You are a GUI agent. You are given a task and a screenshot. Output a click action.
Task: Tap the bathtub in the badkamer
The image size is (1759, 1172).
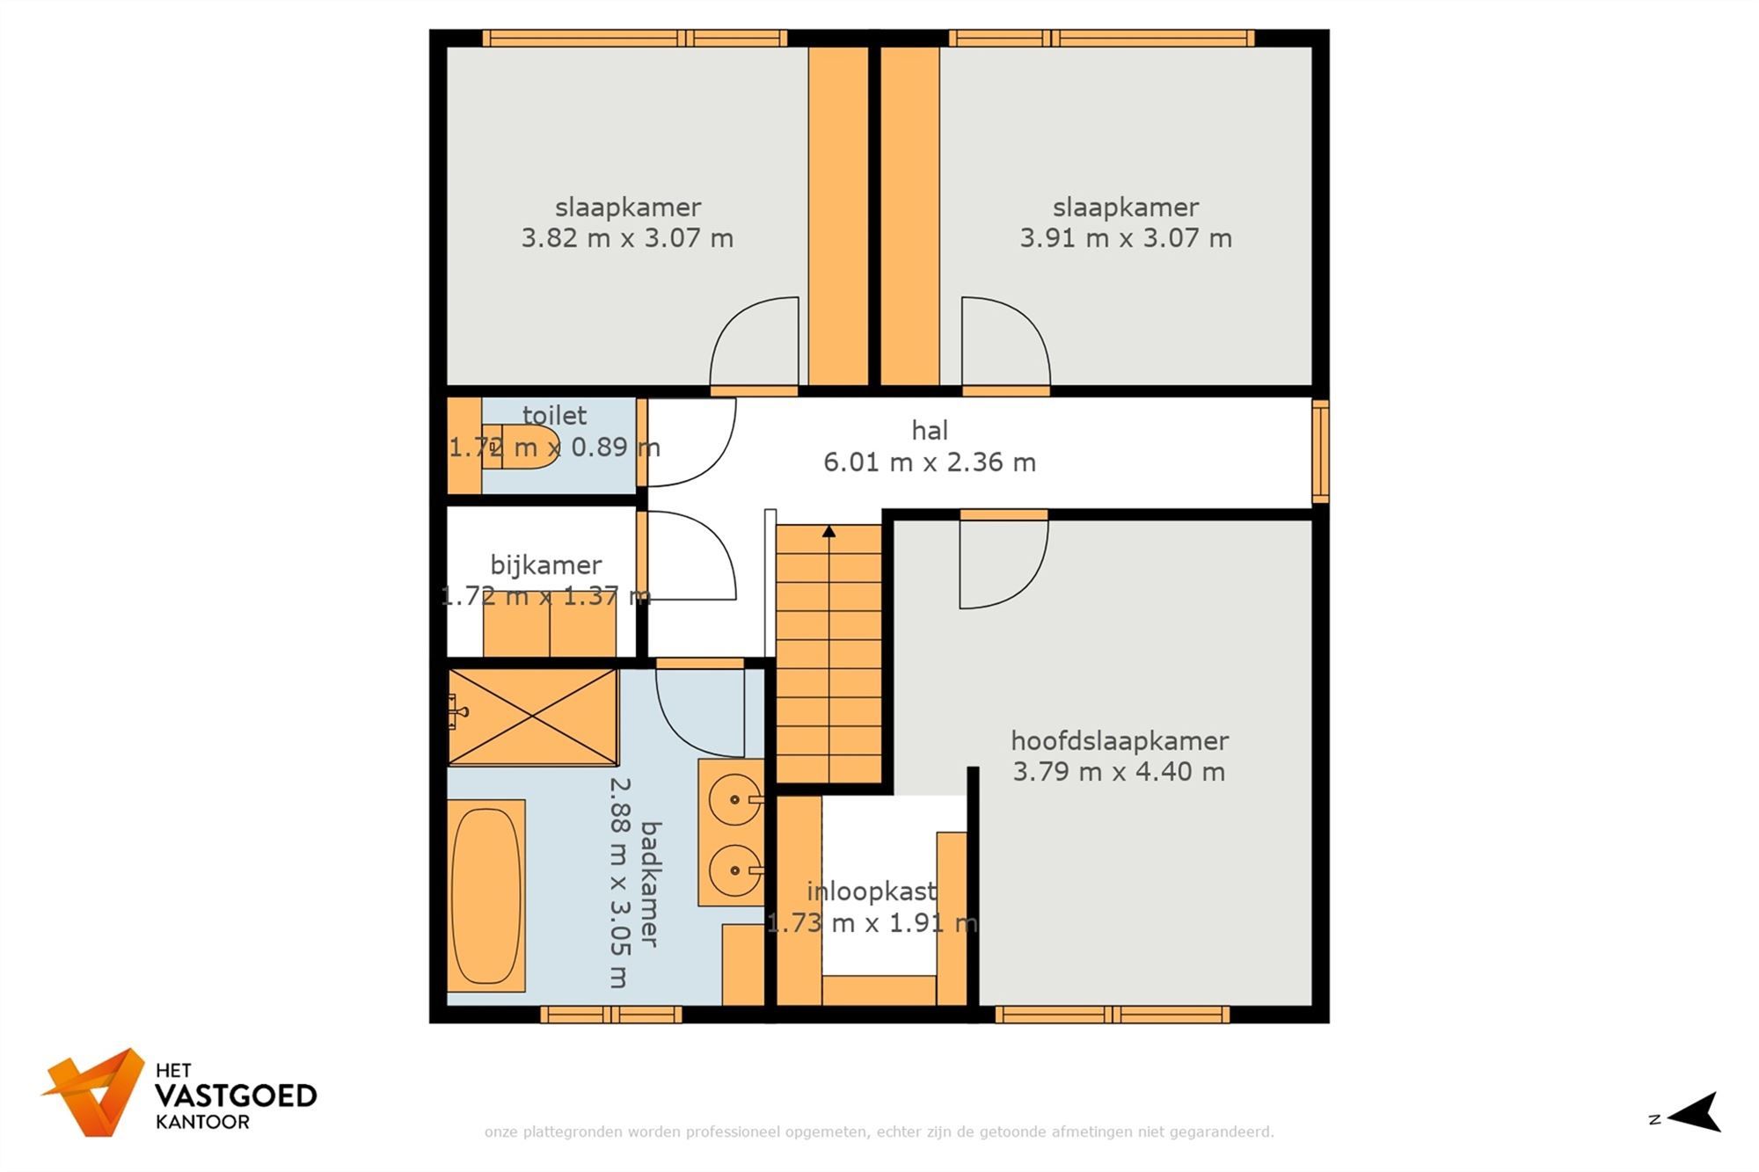(486, 895)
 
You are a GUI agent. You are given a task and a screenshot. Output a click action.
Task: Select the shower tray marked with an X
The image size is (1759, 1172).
(533, 717)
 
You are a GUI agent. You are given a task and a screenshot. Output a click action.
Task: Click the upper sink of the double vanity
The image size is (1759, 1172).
(734, 799)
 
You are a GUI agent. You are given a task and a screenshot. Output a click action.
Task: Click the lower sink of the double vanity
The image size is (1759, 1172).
(734, 870)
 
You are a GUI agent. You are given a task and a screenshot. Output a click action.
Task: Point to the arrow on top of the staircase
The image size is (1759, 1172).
(828, 531)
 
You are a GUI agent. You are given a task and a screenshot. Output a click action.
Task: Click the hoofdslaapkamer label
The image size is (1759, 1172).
(1119, 740)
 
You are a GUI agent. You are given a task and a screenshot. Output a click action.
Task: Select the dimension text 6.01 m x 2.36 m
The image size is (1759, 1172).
(929, 462)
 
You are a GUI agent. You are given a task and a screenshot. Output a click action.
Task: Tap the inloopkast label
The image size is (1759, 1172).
(871, 892)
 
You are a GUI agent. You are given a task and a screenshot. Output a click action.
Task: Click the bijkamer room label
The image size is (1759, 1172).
(545, 564)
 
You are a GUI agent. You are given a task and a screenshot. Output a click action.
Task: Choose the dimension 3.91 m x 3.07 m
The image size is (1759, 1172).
(1125, 237)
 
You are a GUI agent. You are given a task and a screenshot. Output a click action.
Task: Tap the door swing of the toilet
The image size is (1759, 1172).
(690, 441)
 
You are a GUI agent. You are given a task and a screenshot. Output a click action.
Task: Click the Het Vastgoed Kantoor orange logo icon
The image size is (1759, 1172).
(95, 1091)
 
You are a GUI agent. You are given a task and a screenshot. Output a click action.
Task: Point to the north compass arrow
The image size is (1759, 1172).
(1696, 1113)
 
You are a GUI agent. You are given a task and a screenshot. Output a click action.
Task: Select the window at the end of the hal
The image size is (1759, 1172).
(1319, 452)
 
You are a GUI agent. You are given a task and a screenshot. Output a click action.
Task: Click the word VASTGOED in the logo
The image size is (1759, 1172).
(235, 1096)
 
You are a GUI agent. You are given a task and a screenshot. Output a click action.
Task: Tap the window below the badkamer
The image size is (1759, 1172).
(610, 1015)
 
